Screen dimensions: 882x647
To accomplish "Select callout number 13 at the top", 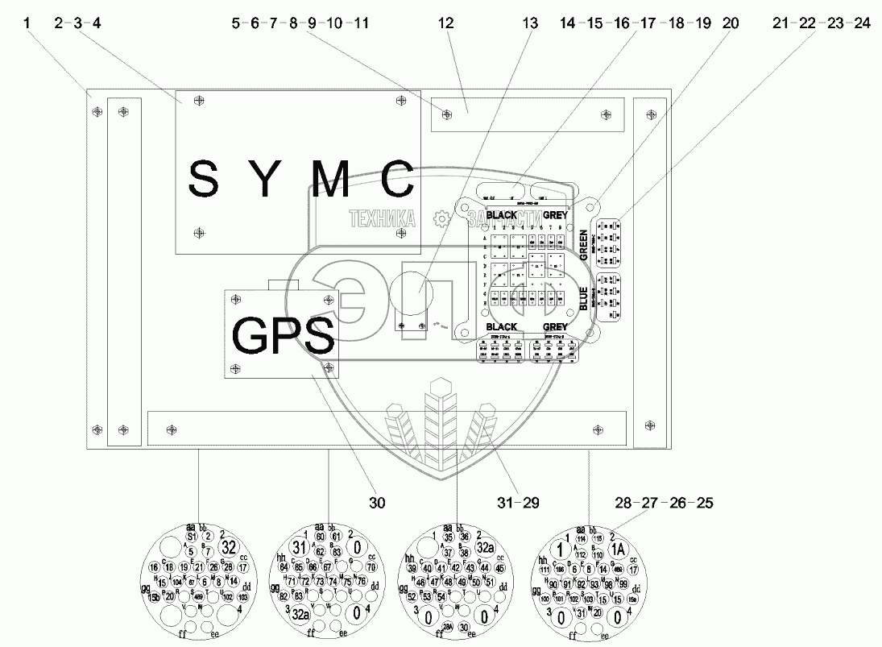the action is [529, 23].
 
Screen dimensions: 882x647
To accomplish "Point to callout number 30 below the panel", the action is [376, 503].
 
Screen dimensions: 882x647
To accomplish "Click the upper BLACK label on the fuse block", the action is [496, 215].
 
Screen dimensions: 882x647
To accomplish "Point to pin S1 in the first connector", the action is [191, 536].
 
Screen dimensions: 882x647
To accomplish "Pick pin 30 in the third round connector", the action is [464, 627].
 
